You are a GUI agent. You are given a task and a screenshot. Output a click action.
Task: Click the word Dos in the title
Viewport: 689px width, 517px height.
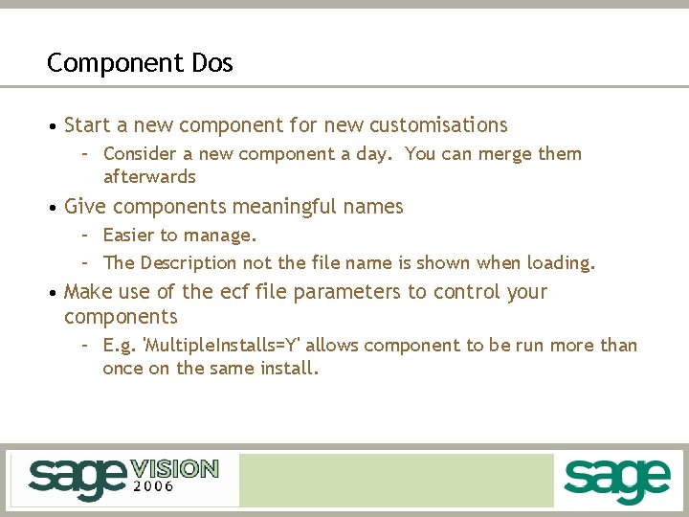coord(211,63)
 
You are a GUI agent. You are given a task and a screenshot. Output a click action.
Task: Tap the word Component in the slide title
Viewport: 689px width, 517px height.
coord(113,63)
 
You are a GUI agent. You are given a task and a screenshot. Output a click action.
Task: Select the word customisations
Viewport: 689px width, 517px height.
coord(438,125)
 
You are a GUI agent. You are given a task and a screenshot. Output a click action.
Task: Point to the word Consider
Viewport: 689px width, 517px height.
coord(139,154)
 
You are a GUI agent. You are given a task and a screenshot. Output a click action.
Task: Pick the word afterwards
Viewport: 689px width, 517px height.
coord(149,177)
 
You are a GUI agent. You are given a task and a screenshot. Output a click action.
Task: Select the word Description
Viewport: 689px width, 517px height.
coord(189,262)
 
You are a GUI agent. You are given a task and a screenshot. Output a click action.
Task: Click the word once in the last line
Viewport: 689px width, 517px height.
coord(122,368)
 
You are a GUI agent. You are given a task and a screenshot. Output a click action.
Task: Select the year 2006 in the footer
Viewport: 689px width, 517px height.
coord(153,487)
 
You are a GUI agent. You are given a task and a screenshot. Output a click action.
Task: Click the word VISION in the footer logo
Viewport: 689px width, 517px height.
coord(174,469)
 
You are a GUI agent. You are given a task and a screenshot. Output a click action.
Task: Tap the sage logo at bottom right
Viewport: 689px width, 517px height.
coord(617,479)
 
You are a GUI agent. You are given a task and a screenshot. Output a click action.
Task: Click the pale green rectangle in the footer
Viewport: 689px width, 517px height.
coord(396,480)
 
